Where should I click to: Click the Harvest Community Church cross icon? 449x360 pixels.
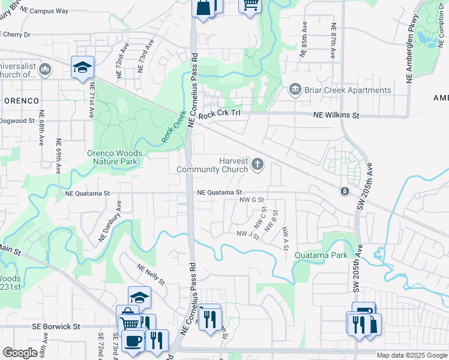[x=258, y=163]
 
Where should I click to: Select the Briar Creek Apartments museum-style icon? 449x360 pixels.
[x=295, y=91]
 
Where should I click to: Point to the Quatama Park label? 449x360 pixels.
[x=321, y=255]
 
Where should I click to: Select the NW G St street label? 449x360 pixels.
[x=252, y=200]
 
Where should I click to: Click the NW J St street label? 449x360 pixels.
[x=247, y=234]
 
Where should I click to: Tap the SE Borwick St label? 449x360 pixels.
[x=56, y=327]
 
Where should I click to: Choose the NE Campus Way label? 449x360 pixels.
[x=48, y=11]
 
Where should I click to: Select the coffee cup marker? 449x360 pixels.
[x=132, y=340]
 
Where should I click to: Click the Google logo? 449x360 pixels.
[x=20, y=353]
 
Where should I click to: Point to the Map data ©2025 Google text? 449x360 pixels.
[x=411, y=355]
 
